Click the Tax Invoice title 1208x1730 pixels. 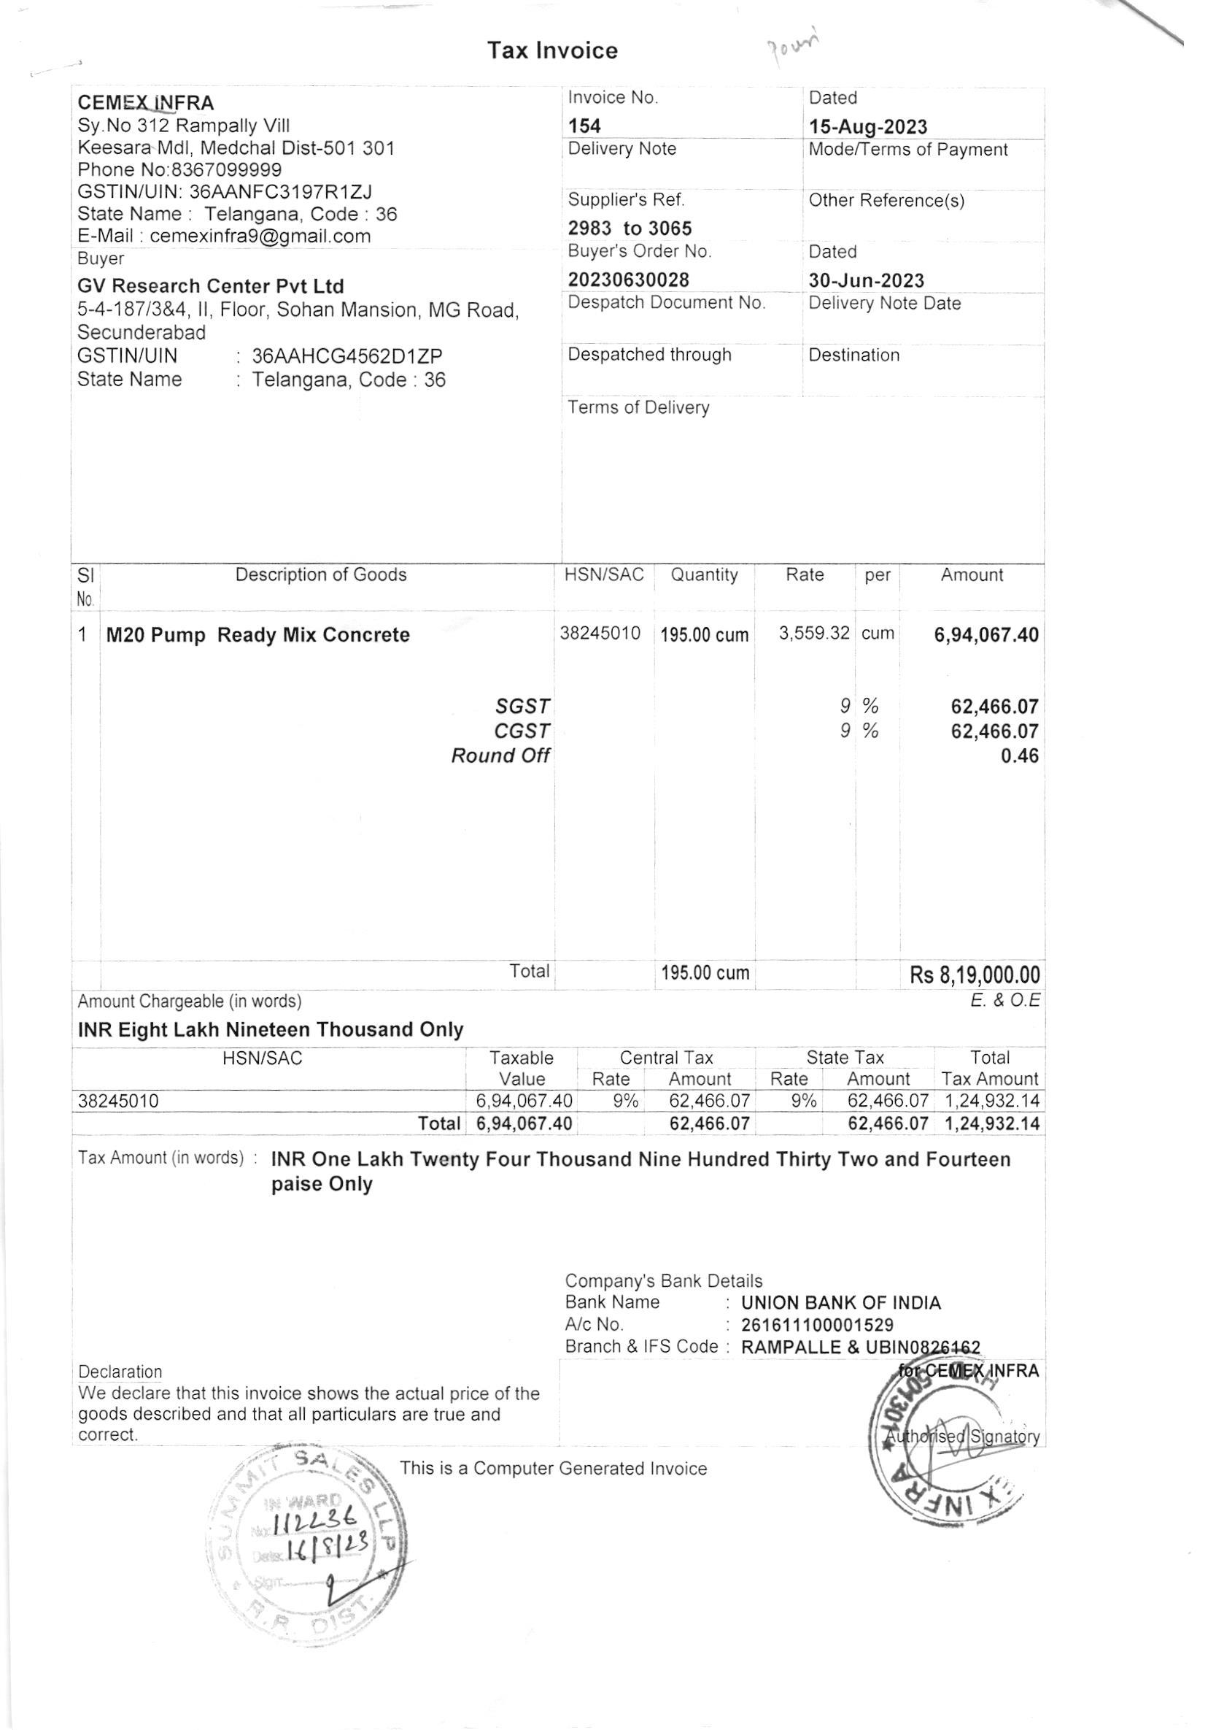[552, 50]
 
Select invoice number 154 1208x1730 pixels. [584, 126]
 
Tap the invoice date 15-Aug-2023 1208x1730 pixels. [867, 126]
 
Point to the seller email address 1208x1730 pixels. [260, 236]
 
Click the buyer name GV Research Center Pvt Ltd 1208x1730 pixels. [210, 286]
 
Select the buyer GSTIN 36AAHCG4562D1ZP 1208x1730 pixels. [347, 355]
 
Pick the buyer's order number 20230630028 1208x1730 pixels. [628, 280]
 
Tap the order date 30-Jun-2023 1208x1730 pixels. [866, 280]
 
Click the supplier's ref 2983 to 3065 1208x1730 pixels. [630, 228]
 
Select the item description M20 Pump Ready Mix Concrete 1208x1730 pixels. [258, 634]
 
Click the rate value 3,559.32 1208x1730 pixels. [813, 633]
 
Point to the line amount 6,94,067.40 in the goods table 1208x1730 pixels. [986, 634]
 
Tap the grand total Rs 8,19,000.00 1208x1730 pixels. [975, 975]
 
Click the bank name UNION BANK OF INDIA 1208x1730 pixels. [840, 1303]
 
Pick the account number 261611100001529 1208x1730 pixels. [817, 1325]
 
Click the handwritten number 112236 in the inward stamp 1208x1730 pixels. [320, 1524]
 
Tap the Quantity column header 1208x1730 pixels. [703, 575]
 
